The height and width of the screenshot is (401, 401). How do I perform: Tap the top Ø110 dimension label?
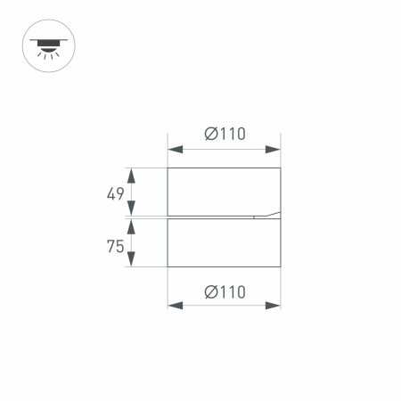point(225,135)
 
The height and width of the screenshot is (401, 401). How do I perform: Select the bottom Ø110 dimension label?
point(225,291)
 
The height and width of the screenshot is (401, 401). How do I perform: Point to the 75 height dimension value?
point(115,247)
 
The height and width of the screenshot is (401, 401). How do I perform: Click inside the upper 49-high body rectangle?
point(224,190)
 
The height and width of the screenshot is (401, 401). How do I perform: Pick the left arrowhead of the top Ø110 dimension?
point(175,150)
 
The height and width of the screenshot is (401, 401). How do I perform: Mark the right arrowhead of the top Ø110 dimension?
point(274,150)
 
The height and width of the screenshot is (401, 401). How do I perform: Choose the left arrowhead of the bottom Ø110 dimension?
point(175,306)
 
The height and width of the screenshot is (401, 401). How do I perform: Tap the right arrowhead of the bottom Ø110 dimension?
point(274,306)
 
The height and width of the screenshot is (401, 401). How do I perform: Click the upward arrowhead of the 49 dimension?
point(132,174)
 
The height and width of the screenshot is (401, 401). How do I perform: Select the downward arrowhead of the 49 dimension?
point(132,209)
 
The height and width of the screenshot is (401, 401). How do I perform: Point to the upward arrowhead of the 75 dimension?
point(132,226)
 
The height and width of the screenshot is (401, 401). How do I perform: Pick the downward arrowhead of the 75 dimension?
point(132,260)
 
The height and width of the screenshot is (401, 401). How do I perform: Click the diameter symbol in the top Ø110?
point(210,135)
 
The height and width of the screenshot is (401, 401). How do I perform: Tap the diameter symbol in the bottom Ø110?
point(210,291)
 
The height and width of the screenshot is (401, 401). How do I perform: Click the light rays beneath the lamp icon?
point(47,53)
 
